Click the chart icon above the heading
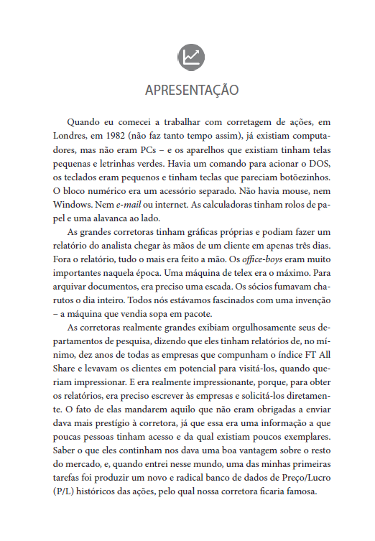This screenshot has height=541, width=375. click(x=190, y=57)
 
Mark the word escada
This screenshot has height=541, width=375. click(x=217, y=287)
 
